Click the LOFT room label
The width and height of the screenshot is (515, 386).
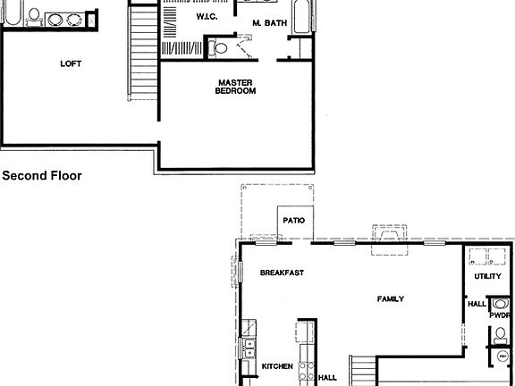tap(72, 63)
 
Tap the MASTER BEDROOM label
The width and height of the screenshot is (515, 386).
tap(237, 87)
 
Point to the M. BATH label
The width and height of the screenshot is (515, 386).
tap(269, 22)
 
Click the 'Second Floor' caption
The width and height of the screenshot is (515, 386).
tap(42, 176)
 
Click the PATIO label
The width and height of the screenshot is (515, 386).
tap(294, 220)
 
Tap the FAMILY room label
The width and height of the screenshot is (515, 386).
tap(390, 298)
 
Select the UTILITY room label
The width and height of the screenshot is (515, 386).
tap(488, 277)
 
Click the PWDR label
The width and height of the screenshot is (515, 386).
tap(499, 315)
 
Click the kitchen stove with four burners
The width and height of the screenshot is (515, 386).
tap(307, 371)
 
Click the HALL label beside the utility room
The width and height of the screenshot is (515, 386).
tap(477, 304)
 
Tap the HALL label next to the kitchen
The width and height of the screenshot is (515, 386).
tap(327, 377)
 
